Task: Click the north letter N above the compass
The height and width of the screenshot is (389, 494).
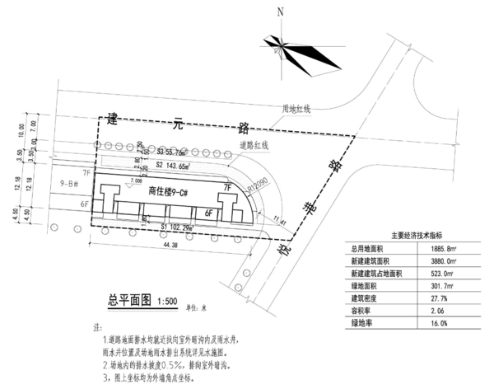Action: (x=280, y=12)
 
